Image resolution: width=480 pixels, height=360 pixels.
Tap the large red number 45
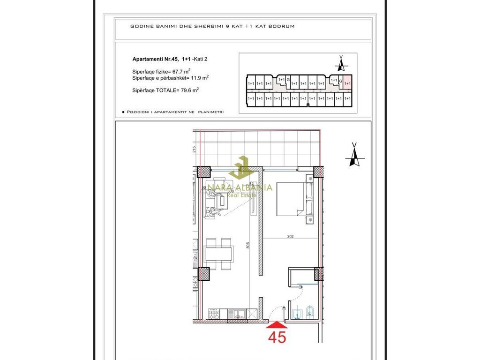tap(277, 337)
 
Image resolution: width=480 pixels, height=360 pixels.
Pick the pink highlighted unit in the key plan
tap(347, 82)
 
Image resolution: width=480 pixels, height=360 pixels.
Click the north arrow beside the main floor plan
tap(354, 155)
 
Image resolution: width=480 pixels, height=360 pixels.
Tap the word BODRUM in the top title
tap(283, 26)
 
